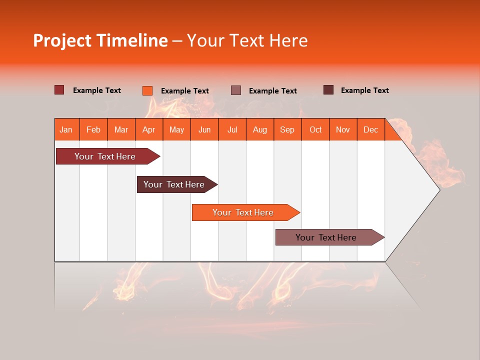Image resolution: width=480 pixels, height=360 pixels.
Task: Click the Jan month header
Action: (66, 129)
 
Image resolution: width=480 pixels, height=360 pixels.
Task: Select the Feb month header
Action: (93, 129)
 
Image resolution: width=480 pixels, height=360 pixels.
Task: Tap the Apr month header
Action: (149, 129)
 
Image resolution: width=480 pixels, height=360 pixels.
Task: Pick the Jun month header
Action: (204, 129)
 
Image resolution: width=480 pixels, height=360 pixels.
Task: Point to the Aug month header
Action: (260, 129)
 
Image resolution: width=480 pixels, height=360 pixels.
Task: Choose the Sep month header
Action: (287, 129)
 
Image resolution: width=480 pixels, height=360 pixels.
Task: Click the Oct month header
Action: (315, 129)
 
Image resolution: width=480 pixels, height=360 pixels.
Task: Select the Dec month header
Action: (371, 129)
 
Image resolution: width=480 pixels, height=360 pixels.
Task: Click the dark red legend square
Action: (59, 90)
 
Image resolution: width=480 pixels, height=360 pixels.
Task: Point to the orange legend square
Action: (147, 90)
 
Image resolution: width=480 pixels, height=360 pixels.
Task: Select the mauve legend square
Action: (236, 90)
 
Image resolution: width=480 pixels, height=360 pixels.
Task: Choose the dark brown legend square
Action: (328, 90)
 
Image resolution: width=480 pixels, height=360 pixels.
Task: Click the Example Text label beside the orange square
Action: (185, 91)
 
